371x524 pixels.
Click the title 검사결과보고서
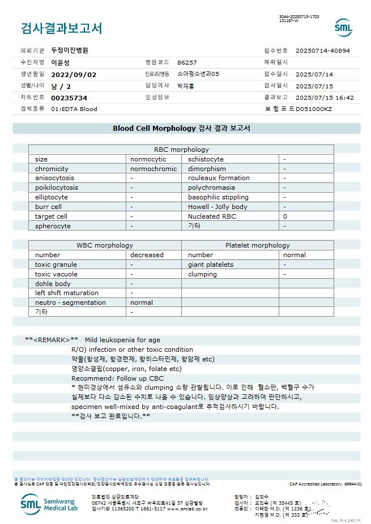61,28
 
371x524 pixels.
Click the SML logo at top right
343,28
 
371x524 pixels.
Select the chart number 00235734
69,97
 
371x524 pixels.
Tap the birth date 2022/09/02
74,74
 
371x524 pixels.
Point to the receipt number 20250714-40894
322,50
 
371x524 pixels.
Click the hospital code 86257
187,62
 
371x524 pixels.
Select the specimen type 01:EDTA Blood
74,109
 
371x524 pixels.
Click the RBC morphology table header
181,150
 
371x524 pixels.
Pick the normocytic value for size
148,159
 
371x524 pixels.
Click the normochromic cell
153,169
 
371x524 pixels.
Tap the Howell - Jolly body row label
218,207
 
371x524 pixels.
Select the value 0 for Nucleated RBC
285,216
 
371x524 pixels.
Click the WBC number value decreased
147,255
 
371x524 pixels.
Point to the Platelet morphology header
257,245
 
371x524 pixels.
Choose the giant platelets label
211,265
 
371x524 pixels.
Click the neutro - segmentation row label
70,303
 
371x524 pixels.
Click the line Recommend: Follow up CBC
117,378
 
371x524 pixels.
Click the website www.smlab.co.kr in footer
187,509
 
